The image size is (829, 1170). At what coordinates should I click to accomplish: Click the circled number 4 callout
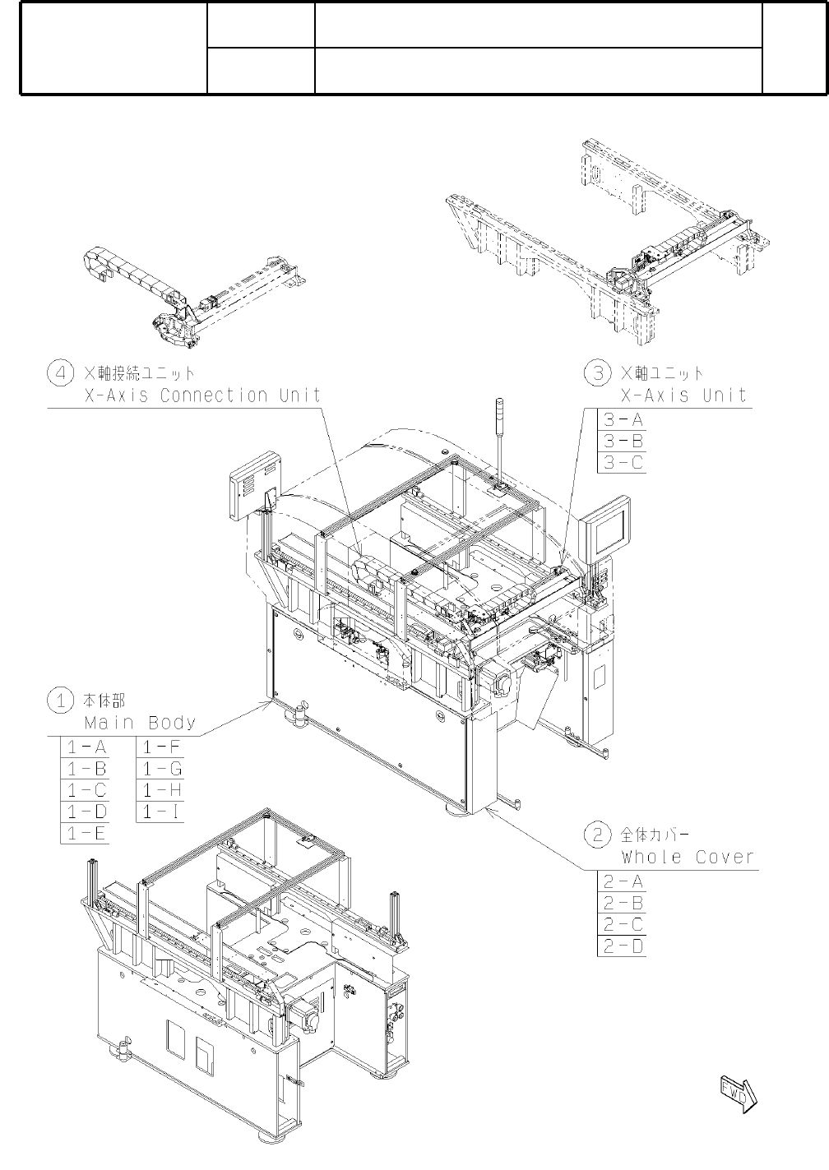coord(61,374)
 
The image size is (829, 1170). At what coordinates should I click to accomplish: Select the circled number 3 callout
coord(597,373)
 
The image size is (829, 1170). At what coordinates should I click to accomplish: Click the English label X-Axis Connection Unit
coord(202,395)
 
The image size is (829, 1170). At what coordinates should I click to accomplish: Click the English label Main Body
coord(140,723)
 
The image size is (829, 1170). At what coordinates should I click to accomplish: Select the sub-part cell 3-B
coord(622,442)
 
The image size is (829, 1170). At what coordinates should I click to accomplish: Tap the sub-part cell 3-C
coord(622,463)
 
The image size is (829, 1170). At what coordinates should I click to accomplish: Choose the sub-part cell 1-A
coord(86,747)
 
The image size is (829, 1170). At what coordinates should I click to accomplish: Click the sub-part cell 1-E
coord(86,833)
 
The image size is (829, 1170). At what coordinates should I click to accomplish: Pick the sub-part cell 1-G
coord(161,769)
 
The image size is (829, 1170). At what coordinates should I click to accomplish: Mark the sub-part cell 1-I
coord(161,812)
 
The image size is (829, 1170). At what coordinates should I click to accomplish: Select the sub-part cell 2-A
coord(622,881)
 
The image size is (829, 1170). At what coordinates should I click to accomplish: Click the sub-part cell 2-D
coord(622,946)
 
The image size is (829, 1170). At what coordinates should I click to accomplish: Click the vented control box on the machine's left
coord(256,485)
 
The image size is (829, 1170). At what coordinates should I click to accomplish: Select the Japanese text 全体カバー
coord(655,835)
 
